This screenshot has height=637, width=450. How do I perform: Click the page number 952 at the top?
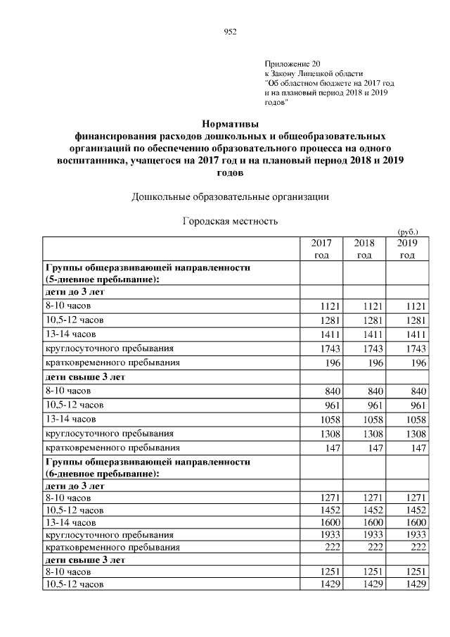pos(229,31)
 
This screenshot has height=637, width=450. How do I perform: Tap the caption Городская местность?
pos(230,221)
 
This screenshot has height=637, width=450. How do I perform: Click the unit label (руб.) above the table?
pos(408,231)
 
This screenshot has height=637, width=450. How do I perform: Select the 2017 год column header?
pos(321,248)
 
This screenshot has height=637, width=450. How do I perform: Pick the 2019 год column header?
pos(407,248)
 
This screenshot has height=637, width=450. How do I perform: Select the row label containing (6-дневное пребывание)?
pos(103,473)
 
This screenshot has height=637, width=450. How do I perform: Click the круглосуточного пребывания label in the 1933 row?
pos(109,535)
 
